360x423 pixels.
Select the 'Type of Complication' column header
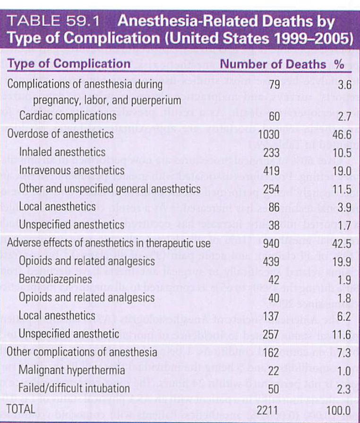(x=69, y=64)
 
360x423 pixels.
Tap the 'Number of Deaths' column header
(x=273, y=64)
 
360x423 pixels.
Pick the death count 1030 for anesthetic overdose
(x=271, y=134)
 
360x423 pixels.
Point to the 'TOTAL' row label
(x=22, y=409)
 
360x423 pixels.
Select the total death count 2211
(x=271, y=409)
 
